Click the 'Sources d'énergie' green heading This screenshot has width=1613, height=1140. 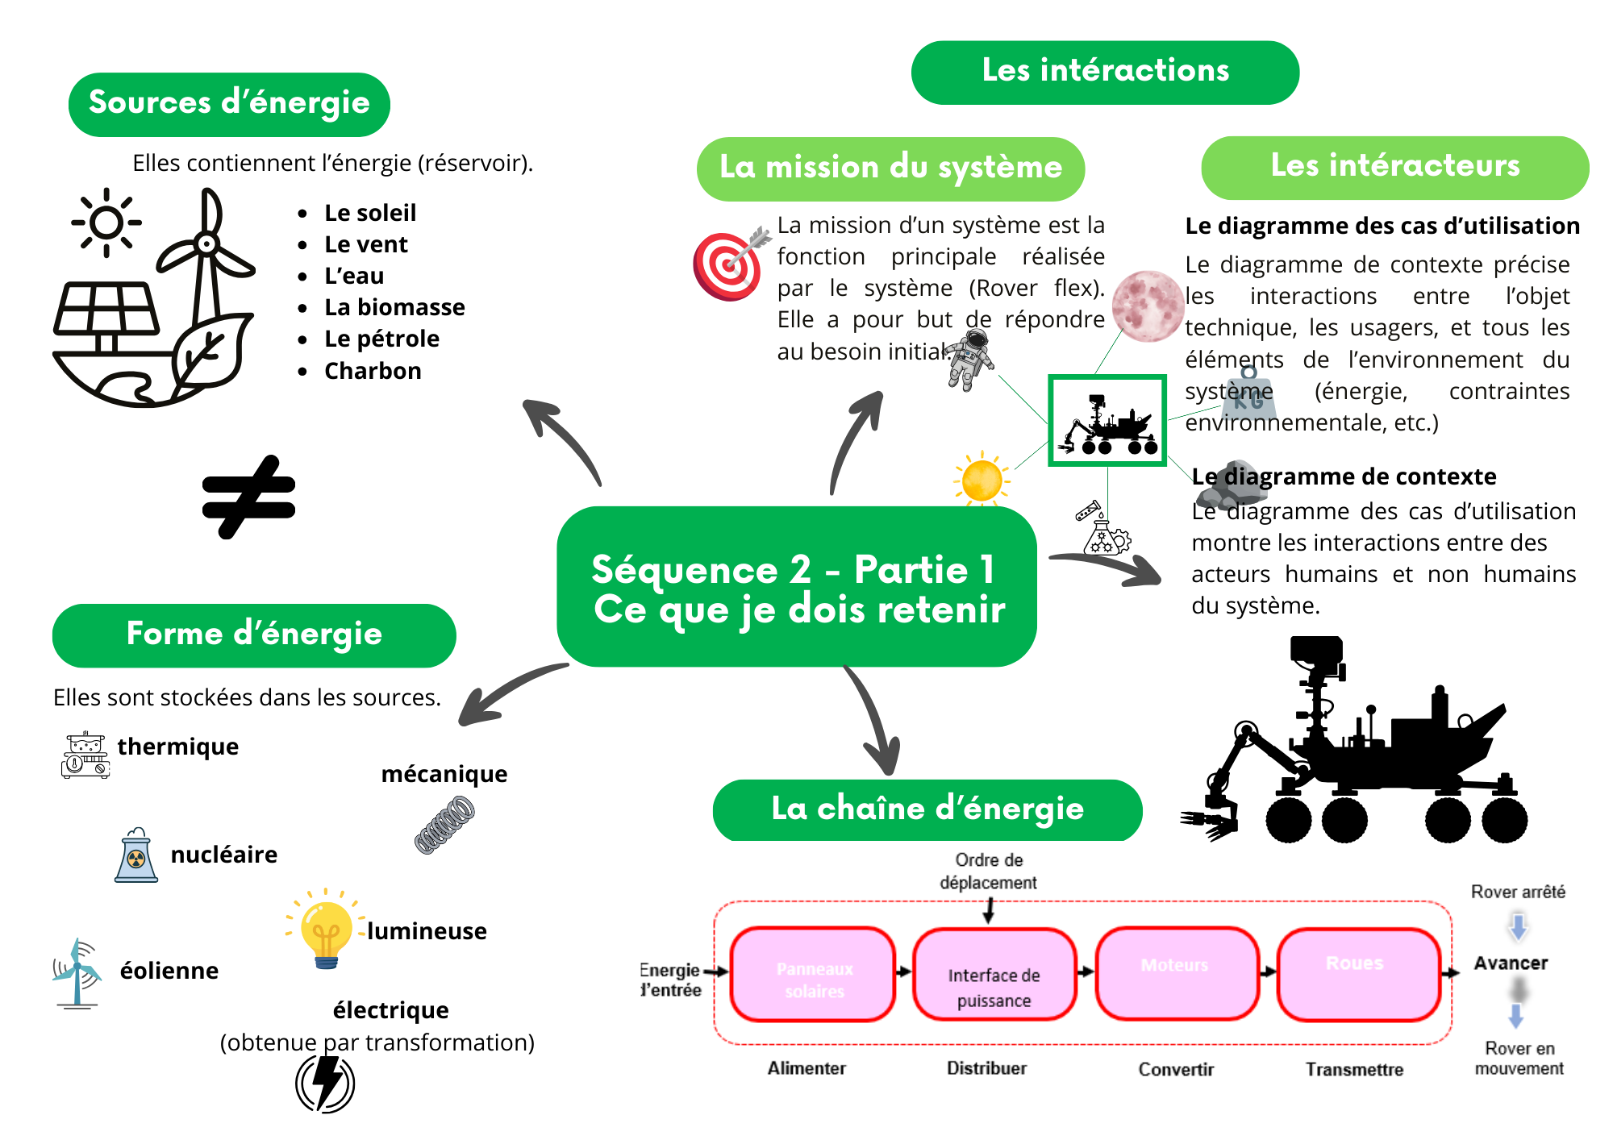click(229, 104)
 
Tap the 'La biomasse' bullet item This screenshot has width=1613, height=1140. click(394, 307)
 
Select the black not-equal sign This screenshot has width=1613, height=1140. click(248, 497)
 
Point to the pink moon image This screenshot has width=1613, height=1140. click(1147, 306)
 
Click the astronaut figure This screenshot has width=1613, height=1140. click(971, 360)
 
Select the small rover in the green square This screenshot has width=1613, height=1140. click(1107, 421)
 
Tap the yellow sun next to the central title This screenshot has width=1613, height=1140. click(982, 480)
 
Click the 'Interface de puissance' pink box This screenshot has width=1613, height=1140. click(994, 975)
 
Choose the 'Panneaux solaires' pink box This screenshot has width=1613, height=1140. click(814, 975)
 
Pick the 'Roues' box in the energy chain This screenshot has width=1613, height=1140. click(1358, 975)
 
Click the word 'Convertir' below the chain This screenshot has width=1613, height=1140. click(1176, 1070)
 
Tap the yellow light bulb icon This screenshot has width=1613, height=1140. click(326, 932)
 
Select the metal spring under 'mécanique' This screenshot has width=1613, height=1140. click(444, 824)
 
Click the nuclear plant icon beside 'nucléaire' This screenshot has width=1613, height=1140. click(136, 855)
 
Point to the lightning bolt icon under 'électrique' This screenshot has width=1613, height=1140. click(325, 1083)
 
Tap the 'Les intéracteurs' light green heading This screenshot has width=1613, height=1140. click(1394, 167)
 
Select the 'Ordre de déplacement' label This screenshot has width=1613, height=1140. click(989, 872)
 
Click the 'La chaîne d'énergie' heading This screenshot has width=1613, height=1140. click(927, 809)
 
